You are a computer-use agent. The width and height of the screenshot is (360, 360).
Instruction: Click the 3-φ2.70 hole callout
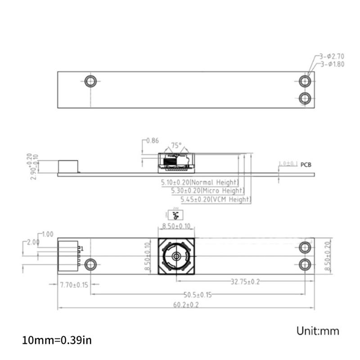click(332, 57)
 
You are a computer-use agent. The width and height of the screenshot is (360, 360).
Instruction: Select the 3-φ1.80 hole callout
click(333, 64)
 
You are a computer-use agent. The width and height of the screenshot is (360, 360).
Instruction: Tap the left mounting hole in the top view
click(91, 81)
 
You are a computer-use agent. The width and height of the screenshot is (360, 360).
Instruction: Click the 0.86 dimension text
click(153, 141)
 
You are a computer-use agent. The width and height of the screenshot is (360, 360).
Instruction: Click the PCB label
click(306, 165)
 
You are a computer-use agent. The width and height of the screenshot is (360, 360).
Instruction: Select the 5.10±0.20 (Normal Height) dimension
click(199, 183)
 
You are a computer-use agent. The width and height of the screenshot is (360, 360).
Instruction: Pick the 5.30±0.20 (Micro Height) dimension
click(204, 191)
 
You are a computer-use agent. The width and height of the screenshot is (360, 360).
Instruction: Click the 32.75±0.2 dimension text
click(245, 282)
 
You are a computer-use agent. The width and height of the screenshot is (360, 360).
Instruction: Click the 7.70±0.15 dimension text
click(74, 284)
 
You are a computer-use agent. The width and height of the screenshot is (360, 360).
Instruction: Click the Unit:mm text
click(317, 331)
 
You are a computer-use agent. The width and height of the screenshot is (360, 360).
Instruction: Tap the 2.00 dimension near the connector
click(33, 242)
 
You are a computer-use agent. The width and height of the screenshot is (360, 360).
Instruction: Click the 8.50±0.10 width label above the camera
click(176, 226)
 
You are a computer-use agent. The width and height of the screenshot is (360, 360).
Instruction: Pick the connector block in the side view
click(69, 166)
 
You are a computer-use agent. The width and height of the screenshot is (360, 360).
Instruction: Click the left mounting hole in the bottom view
click(91, 264)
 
